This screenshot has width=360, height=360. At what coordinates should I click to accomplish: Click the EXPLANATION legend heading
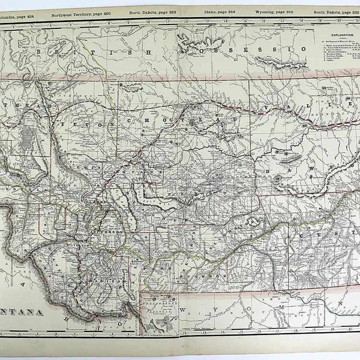(x=342, y=35)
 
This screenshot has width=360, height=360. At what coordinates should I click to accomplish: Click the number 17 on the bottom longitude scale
(x=276, y=331)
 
